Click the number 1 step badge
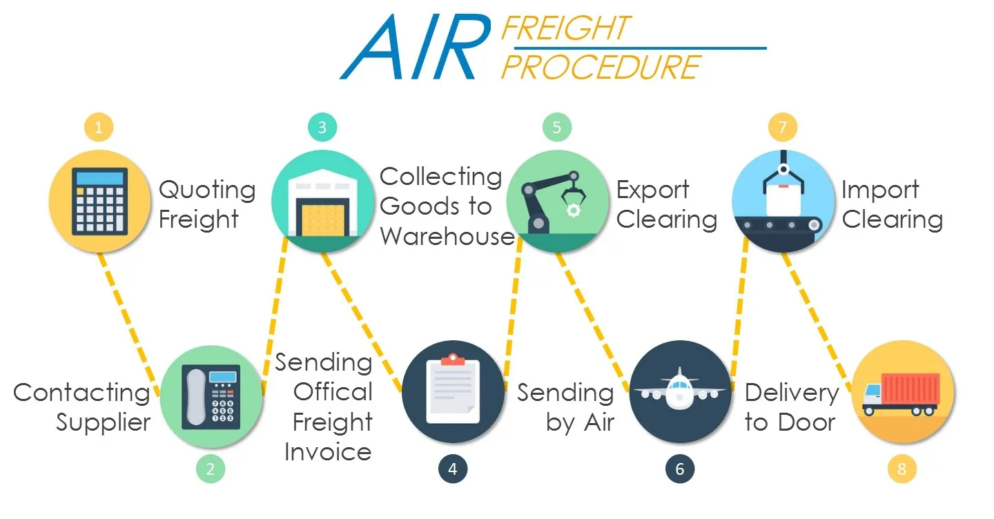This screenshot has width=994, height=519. click(x=99, y=127)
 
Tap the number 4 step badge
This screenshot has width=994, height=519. click(x=452, y=469)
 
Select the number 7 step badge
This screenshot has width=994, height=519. click(x=782, y=127)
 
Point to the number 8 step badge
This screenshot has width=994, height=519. click(x=901, y=469)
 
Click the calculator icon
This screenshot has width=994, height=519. click(x=100, y=201)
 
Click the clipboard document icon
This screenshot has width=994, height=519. click(x=453, y=391)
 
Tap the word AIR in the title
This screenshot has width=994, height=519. click(x=414, y=47)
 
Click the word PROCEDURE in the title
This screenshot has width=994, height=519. click(x=601, y=68)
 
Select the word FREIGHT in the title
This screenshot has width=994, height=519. click(x=565, y=28)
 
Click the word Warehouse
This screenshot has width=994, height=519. click(x=447, y=236)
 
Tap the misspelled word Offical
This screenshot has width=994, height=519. click(x=333, y=391)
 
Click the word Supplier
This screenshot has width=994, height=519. click(x=103, y=422)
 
